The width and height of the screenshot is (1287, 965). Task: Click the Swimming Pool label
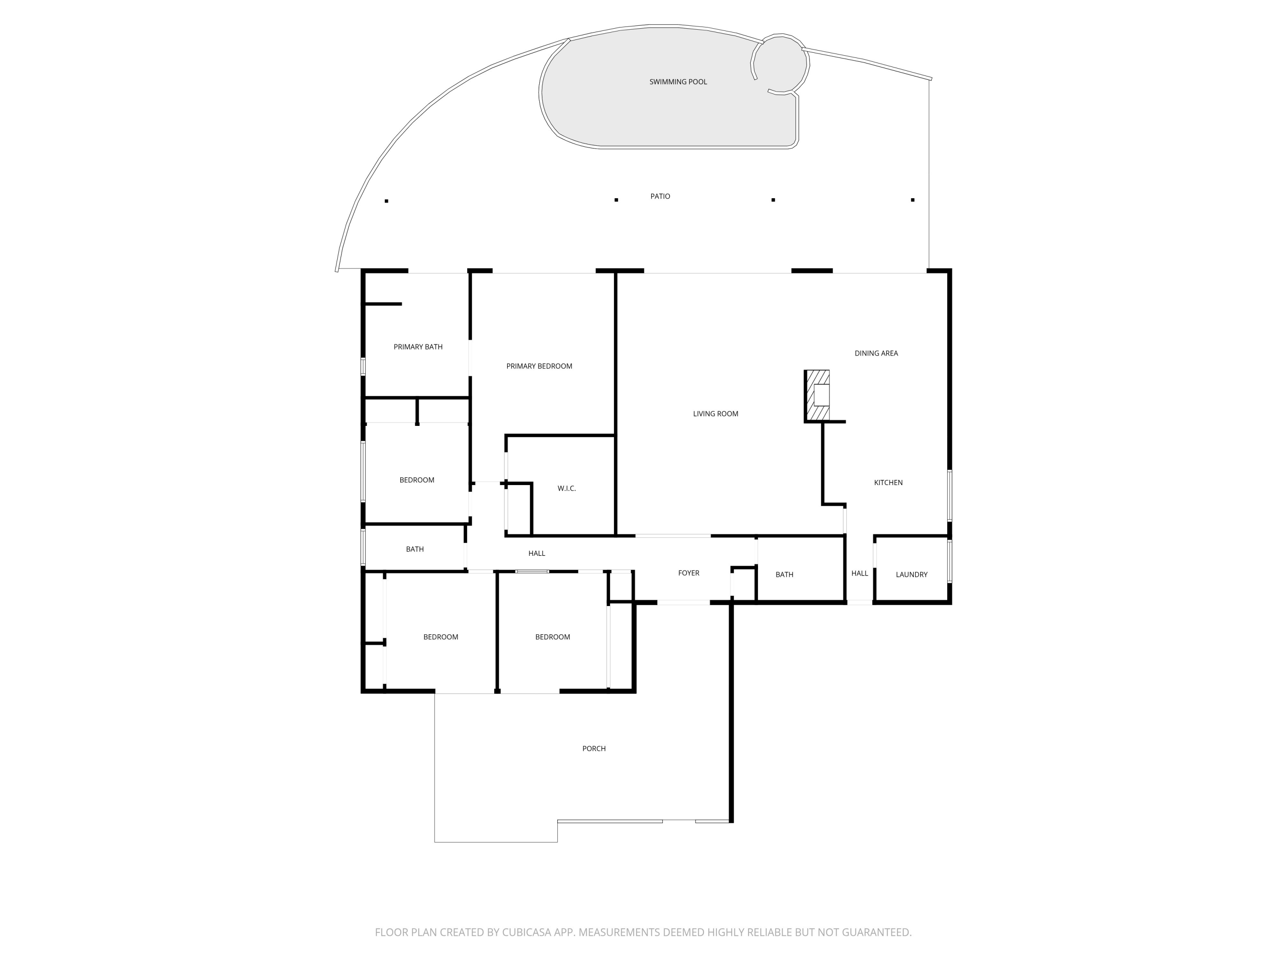coord(678,82)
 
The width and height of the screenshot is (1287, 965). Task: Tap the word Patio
coord(660,196)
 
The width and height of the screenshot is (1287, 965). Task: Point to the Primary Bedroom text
coord(539,366)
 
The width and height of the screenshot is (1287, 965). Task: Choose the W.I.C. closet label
coord(566,489)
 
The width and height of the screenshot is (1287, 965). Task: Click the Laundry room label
coord(911,575)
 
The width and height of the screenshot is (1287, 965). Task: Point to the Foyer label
coord(688,573)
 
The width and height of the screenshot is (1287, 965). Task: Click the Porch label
coord(593,748)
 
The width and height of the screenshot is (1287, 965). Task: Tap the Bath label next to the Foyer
coord(784,575)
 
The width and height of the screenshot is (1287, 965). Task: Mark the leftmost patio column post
coord(387,201)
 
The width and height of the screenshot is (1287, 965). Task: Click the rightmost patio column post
coord(912,200)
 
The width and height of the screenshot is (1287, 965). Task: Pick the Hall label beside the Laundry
coord(859,573)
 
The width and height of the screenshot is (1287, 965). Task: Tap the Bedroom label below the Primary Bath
coord(417,480)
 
